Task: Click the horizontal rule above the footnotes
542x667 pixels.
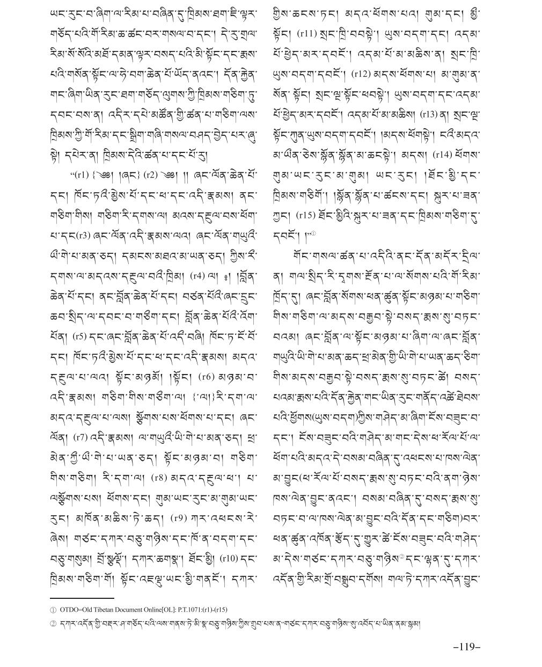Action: (x=82, y=598)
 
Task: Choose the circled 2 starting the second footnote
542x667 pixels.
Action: (x=53, y=624)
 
